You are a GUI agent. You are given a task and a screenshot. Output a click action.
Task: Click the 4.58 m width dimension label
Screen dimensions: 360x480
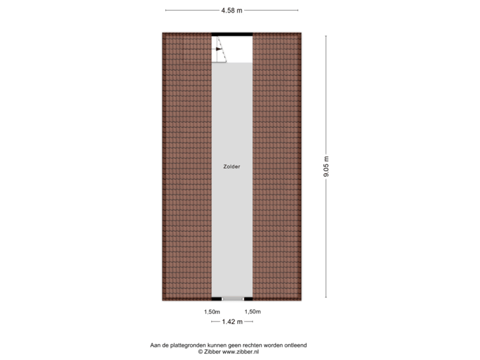(232, 10)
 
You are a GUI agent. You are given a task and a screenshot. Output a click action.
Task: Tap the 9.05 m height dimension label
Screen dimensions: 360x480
(326, 167)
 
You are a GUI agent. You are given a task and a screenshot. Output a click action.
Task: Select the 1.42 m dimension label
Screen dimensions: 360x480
(232, 321)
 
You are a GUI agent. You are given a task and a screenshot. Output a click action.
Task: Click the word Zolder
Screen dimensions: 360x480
(232, 167)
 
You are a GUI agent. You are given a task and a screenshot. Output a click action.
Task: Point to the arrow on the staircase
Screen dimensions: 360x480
(218, 49)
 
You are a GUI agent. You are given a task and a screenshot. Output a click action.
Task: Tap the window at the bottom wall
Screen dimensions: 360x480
(233, 299)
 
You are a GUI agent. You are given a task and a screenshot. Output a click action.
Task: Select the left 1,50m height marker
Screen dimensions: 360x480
(212, 311)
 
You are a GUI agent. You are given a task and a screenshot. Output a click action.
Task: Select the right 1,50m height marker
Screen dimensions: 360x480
(252, 311)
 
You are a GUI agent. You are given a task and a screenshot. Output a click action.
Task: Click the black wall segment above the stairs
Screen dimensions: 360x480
(232, 35)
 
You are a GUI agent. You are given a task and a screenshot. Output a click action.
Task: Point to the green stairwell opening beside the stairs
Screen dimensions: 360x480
(241, 50)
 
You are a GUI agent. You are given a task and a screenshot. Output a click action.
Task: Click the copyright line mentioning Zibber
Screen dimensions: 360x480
(232, 351)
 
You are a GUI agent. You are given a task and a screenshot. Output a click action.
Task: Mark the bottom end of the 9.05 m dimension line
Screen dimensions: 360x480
(326, 297)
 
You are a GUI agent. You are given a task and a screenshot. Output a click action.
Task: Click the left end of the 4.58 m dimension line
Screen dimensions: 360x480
(165, 10)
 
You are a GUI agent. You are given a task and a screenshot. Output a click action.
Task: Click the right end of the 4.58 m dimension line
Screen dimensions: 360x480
(298, 10)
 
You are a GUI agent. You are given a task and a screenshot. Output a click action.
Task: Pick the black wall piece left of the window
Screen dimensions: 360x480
(217, 299)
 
